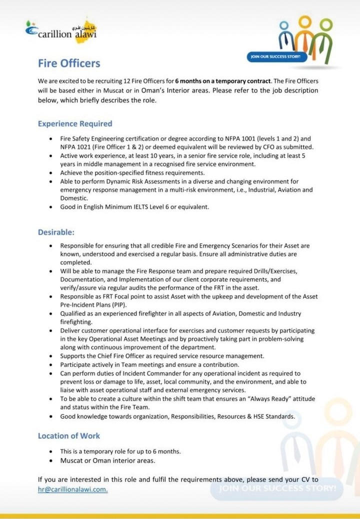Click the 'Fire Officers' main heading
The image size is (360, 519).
69,63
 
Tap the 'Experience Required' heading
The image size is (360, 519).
75,123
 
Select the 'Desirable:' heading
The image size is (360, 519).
56,232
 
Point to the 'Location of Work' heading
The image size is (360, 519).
69,436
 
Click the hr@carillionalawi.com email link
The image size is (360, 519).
72,489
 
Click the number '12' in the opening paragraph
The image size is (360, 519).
128,80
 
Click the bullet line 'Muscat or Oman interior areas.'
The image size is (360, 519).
107,460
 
